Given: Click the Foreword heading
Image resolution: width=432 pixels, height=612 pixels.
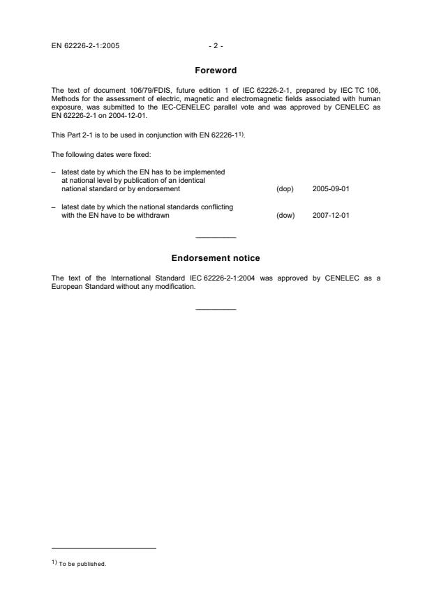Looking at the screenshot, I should pyautogui.click(x=216, y=70).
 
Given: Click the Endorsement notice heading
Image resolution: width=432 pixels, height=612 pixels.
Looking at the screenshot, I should pyautogui.click(x=216, y=258).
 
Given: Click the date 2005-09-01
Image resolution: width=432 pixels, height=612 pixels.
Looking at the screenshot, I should pyautogui.click(x=331, y=189).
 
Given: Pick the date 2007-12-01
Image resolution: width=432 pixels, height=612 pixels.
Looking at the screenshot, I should pyautogui.click(x=331, y=215).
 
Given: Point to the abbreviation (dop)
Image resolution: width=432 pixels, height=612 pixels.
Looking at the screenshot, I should pyautogui.click(x=285, y=189).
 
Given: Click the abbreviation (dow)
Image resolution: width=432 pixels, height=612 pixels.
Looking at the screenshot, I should pyautogui.click(x=285, y=215).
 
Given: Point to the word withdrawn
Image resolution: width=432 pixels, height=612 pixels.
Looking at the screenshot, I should pyautogui.click(x=154, y=215).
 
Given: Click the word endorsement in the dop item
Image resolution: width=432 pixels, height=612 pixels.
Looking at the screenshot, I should pyautogui.click(x=161, y=189).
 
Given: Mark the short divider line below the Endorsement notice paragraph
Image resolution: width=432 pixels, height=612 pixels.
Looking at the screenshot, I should pyautogui.click(x=216, y=309).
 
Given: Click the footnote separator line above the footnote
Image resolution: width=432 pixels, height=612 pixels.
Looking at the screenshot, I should pyautogui.click(x=104, y=548).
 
